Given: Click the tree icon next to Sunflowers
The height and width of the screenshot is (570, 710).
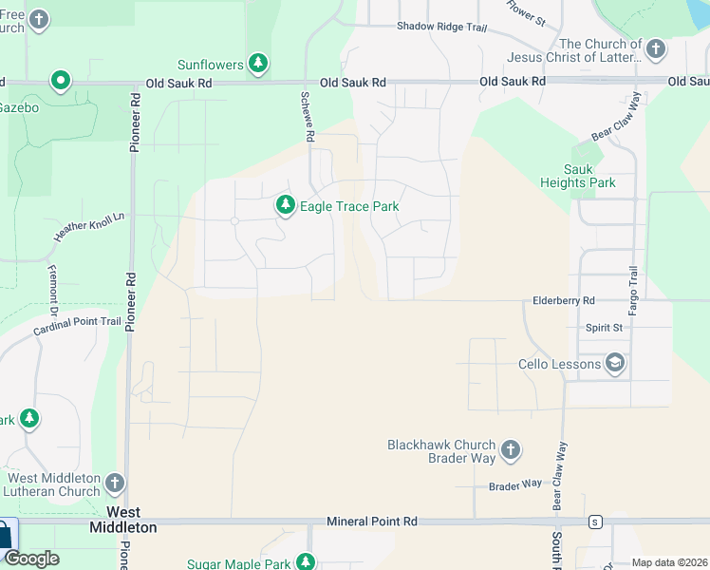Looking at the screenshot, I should pos(257,64).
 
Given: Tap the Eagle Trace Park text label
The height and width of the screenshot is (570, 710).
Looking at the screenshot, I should pos(349,206).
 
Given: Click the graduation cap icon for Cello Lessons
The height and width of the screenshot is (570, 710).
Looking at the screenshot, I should pos(615,364).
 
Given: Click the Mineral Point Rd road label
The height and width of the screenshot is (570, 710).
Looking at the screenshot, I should pos(372,522).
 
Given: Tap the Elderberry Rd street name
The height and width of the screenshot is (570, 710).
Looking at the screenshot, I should pos(562,300).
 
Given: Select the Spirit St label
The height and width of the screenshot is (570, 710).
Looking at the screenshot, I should pos(604,327).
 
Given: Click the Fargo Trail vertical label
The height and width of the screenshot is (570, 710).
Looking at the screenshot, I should pos(633,293).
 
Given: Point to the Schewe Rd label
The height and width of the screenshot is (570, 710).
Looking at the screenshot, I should pos(308,118).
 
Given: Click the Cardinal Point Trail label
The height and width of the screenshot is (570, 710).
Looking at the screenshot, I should pos(77,327).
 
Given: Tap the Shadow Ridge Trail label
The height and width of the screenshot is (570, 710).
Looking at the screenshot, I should pos(441,27).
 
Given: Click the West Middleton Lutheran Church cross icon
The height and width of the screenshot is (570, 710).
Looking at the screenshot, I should pos(115,484).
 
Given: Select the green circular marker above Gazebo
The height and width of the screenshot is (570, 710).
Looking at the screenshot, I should pos(61,81).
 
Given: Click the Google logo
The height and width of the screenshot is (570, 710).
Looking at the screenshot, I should pos(31,559).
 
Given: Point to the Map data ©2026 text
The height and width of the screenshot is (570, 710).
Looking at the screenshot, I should pos(669,562).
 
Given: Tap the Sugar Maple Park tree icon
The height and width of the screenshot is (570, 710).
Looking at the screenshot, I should pos(305,563).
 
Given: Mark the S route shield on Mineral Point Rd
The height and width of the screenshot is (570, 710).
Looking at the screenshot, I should pos(594,522).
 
